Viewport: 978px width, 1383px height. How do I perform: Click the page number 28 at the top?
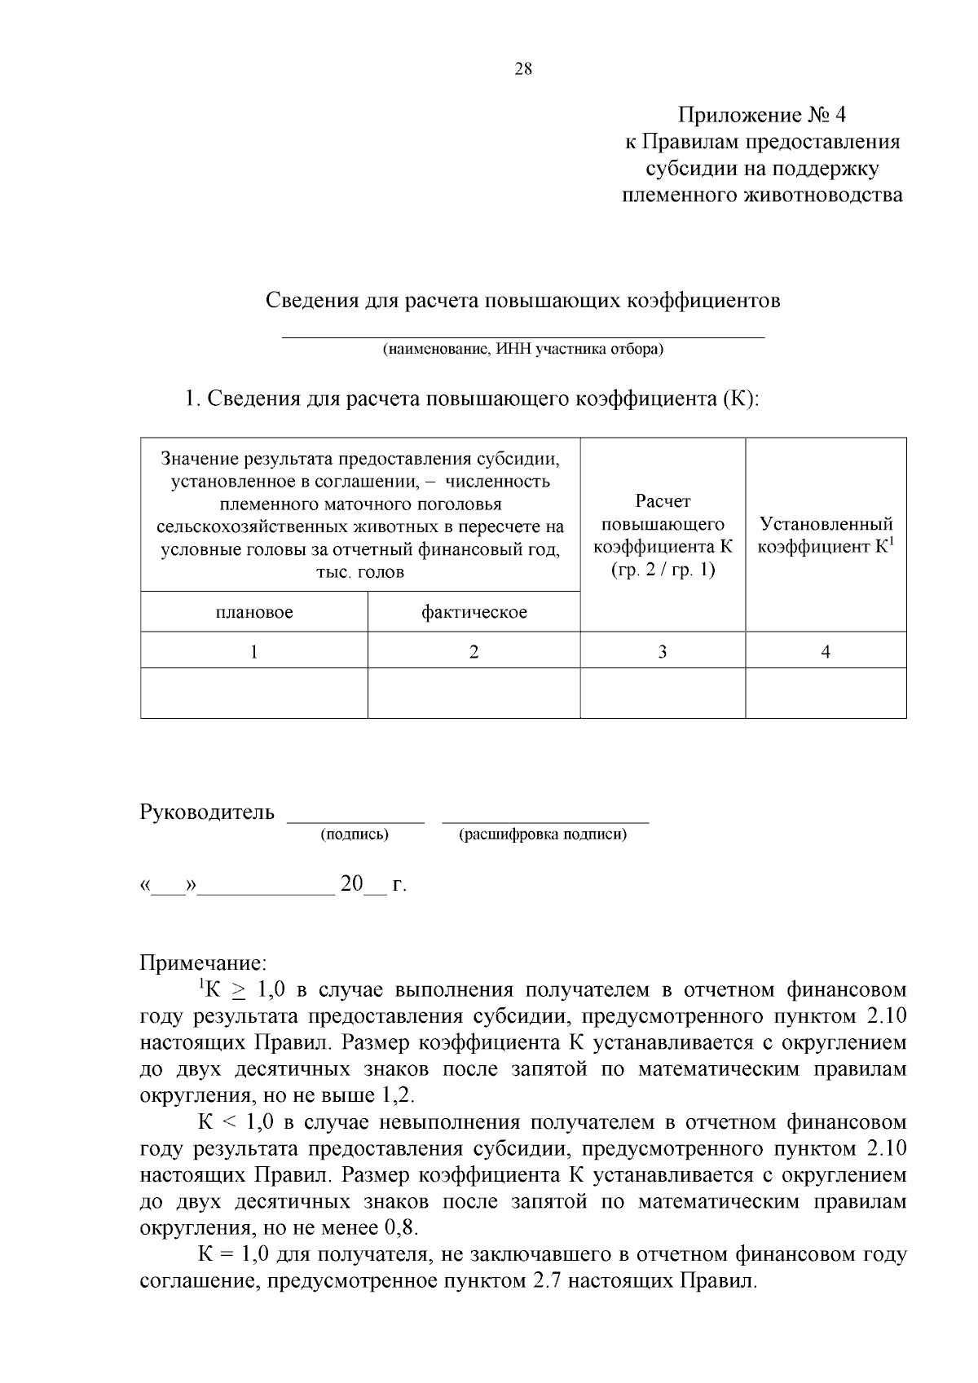pyautogui.click(x=523, y=70)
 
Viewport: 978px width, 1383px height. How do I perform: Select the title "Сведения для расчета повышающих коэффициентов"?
pyautogui.click(x=523, y=301)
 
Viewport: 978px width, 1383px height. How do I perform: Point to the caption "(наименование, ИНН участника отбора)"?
pyautogui.click(x=523, y=350)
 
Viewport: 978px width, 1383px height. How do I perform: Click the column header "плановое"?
pyautogui.click(x=254, y=612)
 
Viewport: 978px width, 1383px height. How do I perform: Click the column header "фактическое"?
pyautogui.click(x=474, y=612)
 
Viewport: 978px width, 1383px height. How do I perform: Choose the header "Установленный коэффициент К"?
pyautogui.click(x=826, y=535)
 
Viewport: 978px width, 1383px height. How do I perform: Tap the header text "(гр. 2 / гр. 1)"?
pyautogui.click(x=663, y=569)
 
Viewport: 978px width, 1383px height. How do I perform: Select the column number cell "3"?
pyautogui.click(x=663, y=651)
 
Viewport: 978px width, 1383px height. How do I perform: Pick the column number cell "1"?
pyautogui.click(x=254, y=651)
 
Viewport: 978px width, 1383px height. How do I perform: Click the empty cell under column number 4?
pyautogui.click(x=826, y=693)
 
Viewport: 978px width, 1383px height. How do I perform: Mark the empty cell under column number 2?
pyautogui.click(x=474, y=693)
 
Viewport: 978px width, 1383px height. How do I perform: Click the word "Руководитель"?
pyautogui.click(x=208, y=813)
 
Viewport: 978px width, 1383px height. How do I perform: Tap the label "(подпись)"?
pyautogui.click(x=355, y=835)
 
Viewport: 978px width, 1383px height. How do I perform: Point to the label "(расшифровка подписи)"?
pyautogui.click(x=544, y=835)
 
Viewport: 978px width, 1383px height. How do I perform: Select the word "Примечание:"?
pyautogui.click(x=203, y=963)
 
